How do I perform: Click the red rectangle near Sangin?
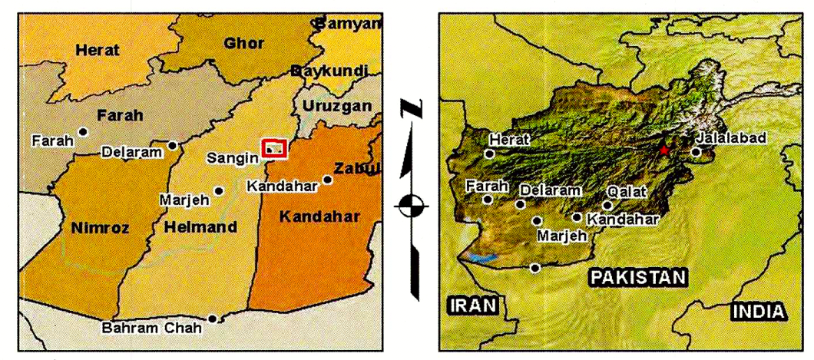pyautogui.click(x=274, y=148)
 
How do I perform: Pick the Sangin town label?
pyautogui.click(x=231, y=158)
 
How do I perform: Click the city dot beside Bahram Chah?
pyautogui.click(x=213, y=318)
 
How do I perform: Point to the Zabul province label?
pyautogui.click(x=357, y=168)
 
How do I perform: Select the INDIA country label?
pyautogui.click(x=759, y=311)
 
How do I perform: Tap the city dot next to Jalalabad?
pyautogui.click(x=696, y=152)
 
